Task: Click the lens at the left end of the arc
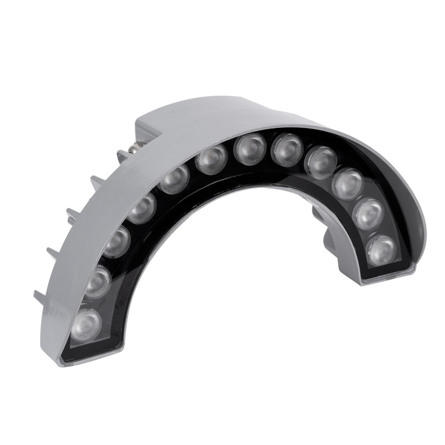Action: (x=87, y=324)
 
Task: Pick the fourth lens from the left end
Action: (x=142, y=207)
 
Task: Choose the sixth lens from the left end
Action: (x=213, y=159)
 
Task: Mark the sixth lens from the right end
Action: (x=249, y=149)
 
